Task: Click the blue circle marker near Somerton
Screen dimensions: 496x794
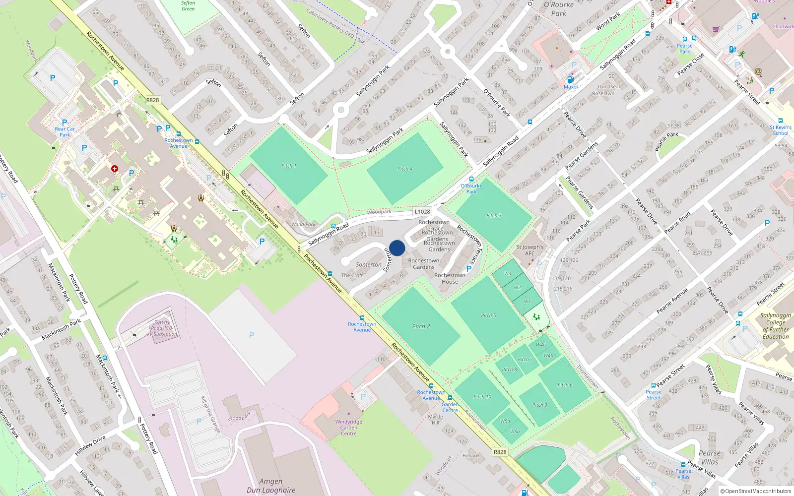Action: coord(397,248)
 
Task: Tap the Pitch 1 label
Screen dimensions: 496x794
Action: coord(288,166)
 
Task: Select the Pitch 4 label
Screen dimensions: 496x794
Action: coord(405,169)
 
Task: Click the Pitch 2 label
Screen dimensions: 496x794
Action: coord(421,326)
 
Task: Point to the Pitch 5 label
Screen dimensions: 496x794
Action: coord(488,315)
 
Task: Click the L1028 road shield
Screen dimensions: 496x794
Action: coord(422,211)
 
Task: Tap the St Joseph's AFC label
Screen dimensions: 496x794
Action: coord(529,250)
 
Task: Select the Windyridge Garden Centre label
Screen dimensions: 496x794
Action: coord(348,428)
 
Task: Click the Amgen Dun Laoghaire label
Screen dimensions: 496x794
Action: coord(271,486)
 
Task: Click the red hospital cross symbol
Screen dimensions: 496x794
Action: coord(115,169)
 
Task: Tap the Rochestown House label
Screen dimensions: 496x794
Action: coord(450,278)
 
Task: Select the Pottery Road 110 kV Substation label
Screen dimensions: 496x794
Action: coord(162,328)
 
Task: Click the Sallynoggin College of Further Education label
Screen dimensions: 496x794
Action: coord(775,326)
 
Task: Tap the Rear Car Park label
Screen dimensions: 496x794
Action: coord(65,132)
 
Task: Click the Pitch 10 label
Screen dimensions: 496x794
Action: coord(482,397)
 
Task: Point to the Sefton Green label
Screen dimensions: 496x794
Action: coord(188,6)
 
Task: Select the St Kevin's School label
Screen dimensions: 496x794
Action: coord(780,130)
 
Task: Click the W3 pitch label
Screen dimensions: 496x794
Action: coord(507,273)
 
